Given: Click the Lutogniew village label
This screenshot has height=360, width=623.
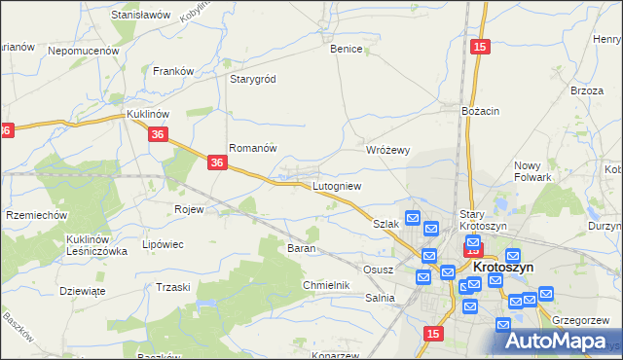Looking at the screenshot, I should (x=337, y=186).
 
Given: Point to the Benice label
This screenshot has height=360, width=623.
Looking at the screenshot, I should (x=347, y=49).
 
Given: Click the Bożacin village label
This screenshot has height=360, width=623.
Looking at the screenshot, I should (x=480, y=111).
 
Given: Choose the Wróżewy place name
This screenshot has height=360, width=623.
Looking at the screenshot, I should (x=387, y=151).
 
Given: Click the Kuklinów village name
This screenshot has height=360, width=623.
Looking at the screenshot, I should (x=149, y=114).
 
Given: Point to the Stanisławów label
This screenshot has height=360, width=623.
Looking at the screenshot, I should (x=141, y=16).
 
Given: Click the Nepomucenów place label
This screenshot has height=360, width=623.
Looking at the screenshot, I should (x=83, y=50).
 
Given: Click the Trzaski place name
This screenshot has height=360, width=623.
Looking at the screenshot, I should (x=172, y=287).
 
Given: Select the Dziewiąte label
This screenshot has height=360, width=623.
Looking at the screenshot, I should (x=82, y=290).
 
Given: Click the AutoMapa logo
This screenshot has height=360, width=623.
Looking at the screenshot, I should (x=564, y=340).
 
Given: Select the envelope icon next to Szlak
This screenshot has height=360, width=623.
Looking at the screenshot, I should (x=412, y=218).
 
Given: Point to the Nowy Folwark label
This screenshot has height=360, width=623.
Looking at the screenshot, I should (x=533, y=171).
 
